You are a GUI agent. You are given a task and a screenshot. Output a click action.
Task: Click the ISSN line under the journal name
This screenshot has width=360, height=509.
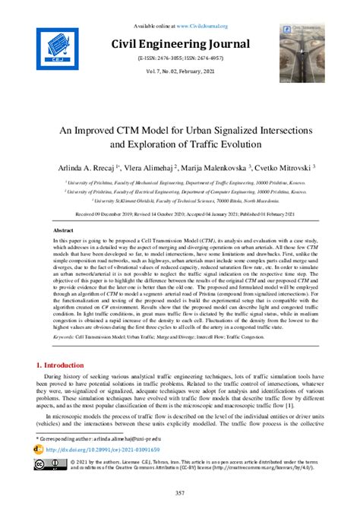pos(180,58)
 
